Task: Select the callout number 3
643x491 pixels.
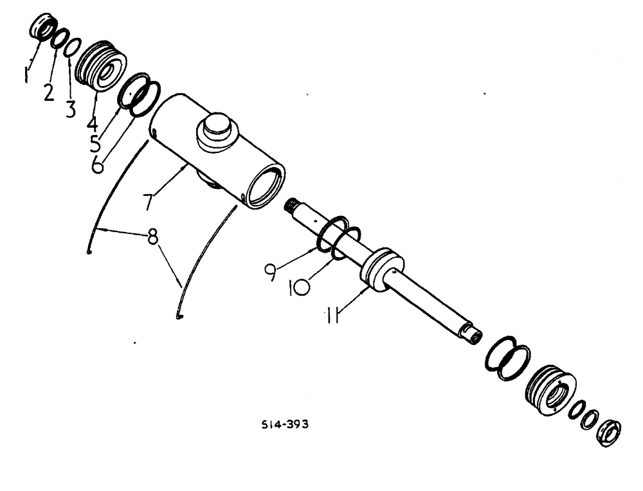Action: tap(70, 109)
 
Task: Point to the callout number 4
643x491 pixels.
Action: tap(92, 123)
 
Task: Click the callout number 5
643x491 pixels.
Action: tap(96, 143)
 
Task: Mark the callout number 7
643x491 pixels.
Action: tap(149, 201)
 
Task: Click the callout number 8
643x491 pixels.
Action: tap(152, 238)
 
